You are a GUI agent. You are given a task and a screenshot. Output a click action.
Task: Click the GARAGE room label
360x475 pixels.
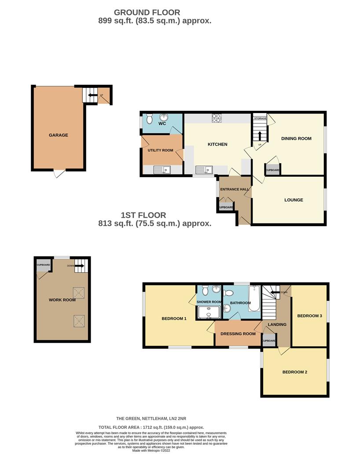[58, 135]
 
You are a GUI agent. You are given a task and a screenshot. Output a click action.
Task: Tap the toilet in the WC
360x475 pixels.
[149, 119]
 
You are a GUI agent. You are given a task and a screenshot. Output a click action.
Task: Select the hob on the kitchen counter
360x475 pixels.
[217, 118]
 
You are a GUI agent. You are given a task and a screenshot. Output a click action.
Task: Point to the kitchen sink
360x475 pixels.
[205, 170]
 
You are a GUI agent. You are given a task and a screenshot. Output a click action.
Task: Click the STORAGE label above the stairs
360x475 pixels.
[260, 118]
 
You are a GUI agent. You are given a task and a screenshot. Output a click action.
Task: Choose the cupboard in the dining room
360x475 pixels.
[272, 170]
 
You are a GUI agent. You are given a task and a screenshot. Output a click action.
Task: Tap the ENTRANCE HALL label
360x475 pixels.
[235, 190]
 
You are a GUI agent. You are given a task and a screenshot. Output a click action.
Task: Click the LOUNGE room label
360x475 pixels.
[294, 200]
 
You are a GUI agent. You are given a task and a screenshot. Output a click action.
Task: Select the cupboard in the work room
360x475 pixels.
[43, 265]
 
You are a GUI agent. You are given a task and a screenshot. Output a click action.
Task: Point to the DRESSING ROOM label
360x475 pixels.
[237, 333]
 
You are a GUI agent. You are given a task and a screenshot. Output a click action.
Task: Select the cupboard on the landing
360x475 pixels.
[269, 341]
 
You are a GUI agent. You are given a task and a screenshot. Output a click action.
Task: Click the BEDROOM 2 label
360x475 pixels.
[294, 372]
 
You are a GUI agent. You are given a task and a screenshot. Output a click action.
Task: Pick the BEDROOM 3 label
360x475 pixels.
[309, 316]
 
